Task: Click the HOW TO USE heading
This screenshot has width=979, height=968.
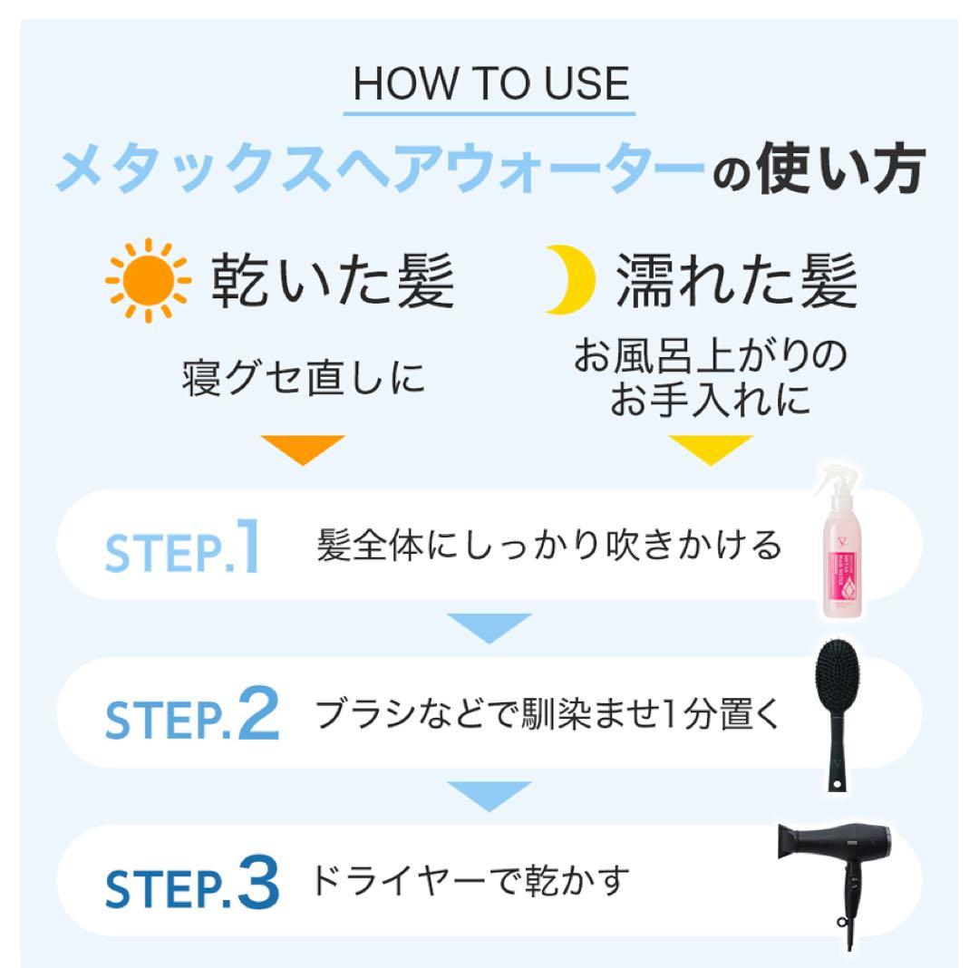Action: coord(490,83)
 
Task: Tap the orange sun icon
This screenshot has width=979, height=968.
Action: coord(147,280)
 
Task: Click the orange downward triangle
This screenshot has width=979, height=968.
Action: coord(303,449)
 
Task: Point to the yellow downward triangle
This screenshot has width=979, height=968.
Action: coord(711,449)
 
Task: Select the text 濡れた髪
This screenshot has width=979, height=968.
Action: coord(737,282)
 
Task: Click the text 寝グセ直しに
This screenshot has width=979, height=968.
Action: coord(304,376)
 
